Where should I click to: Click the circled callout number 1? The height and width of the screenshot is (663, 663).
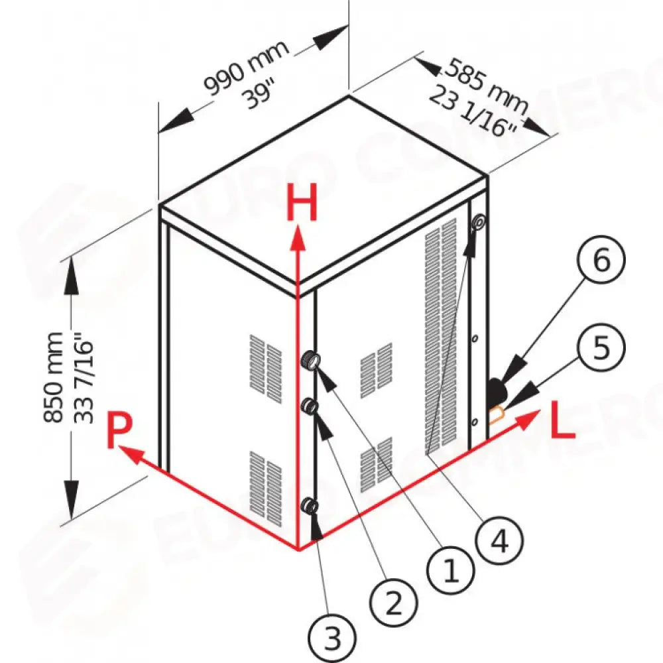coord(450,570)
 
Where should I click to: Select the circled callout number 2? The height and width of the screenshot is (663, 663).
coord(394,602)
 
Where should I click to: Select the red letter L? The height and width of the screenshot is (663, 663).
coord(562,422)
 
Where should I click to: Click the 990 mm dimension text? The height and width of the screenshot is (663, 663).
coord(247,67)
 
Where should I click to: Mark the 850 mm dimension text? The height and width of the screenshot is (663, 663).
coord(54,377)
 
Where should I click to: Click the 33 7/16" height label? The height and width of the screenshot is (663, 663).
coord(84,378)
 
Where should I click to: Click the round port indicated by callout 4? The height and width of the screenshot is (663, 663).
coord(479,222)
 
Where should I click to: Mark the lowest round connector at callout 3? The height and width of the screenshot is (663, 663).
coord(310,505)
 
